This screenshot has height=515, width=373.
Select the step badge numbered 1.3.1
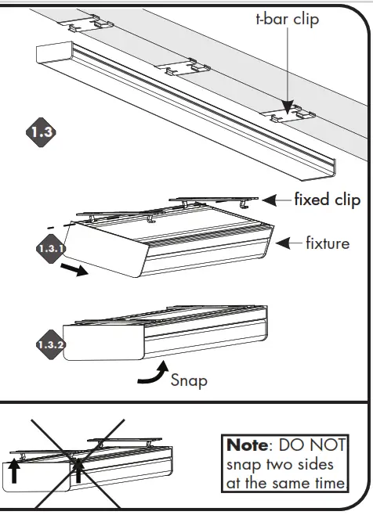(x=50, y=249)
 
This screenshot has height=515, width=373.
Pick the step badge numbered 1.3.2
(x=50, y=344)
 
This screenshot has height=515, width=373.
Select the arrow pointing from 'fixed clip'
(x=276, y=200)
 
